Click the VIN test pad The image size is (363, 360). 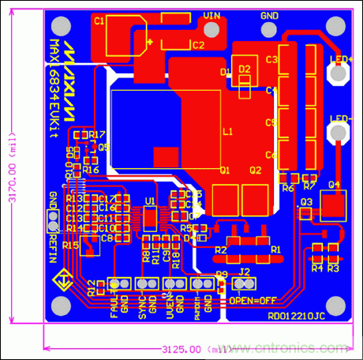pyautogui.click(x=211, y=16)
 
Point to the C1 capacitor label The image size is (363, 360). pyautogui.click(x=99, y=21)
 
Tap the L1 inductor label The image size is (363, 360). pyautogui.click(x=227, y=132)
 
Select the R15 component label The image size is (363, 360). pyautogui.click(x=70, y=246)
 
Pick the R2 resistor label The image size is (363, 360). pyautogui.click(x=220, y=249)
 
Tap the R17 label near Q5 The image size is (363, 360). pyautogui.click(x=98, y=136)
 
